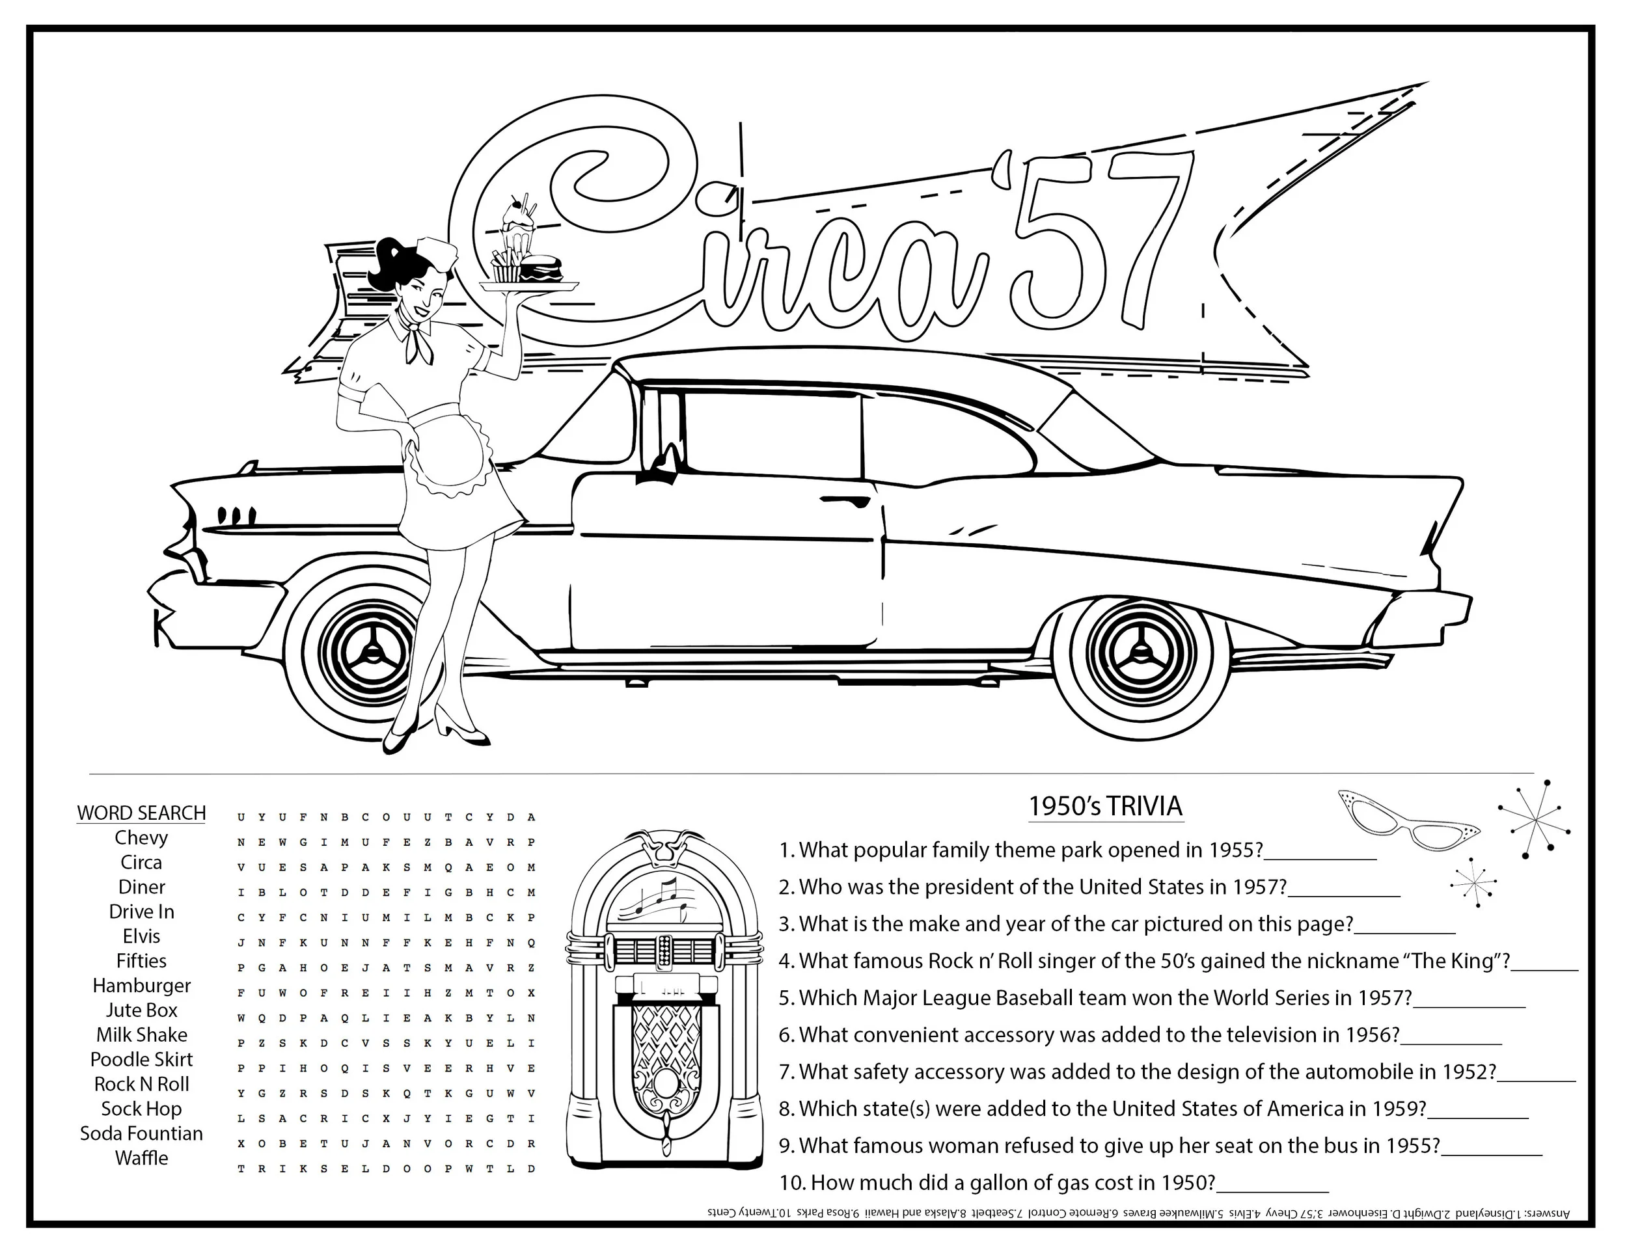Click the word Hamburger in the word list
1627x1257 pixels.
tap(141, 985)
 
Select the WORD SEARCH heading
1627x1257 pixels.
tap(141, 813)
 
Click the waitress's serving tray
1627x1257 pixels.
tap(529, 285)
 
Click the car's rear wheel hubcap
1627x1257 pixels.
tap(1138, 651)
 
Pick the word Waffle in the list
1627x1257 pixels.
tap(141, 1158)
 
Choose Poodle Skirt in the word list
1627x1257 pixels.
tap(141, 1059)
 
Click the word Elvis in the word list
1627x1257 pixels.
tap(141, 936)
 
